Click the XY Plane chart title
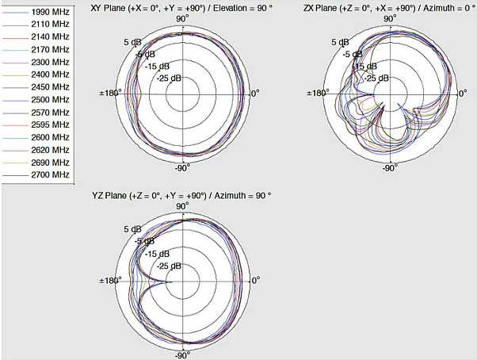pyautogui.click(x=181, y=8)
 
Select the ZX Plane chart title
pyautogui.click(x=390, y=8)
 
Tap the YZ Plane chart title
pyautogui.click(x=181, y=195)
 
